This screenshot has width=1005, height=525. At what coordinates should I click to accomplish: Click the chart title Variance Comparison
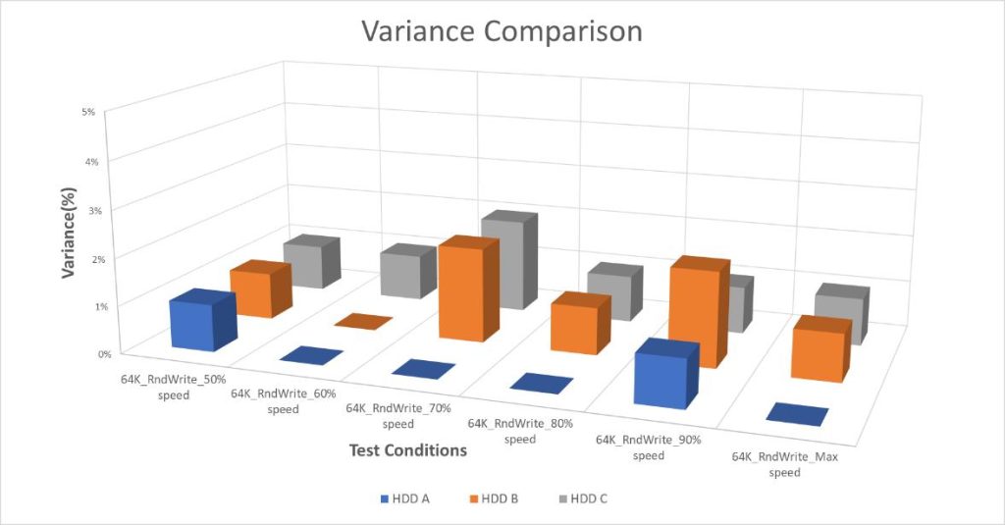(x=502, y=31)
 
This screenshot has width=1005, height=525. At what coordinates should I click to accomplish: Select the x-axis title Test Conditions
(x=407, y=450)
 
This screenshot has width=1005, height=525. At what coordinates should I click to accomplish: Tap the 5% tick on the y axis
(x=88, y=112)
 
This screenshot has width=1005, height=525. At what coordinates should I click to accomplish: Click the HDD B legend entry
(x=495, y=499)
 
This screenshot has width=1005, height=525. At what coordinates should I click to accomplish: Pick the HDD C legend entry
(x=582, y=499)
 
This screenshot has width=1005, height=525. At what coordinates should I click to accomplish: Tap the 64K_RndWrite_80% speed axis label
(x=518, y=431)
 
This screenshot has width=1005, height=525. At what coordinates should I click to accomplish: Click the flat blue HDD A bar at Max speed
(x=797, y=415)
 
